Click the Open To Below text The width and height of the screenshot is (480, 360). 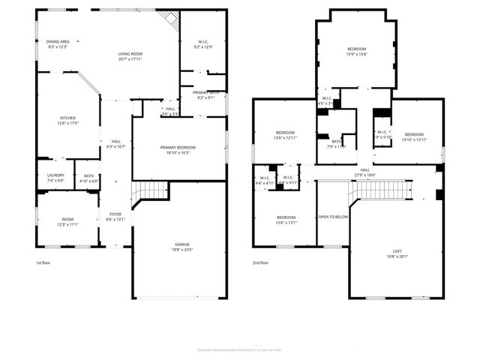click(x=333, y=217)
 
